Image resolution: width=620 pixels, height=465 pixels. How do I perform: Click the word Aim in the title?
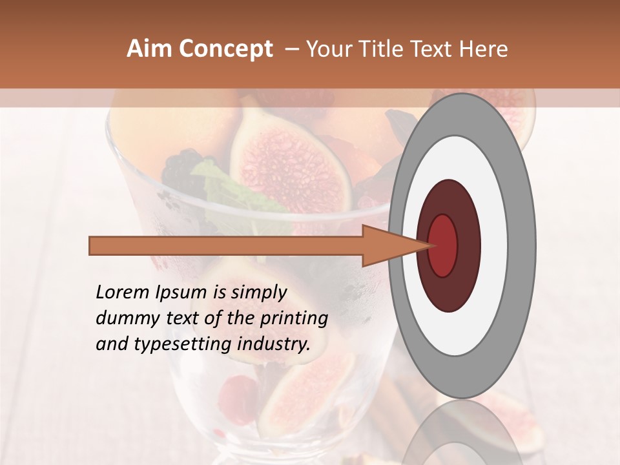pos(149,49)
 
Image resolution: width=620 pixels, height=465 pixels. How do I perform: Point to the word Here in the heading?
pos(484,49)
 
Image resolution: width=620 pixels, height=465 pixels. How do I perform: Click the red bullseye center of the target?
pos(443,245)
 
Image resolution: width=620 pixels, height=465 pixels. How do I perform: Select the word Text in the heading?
pos(436,49)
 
